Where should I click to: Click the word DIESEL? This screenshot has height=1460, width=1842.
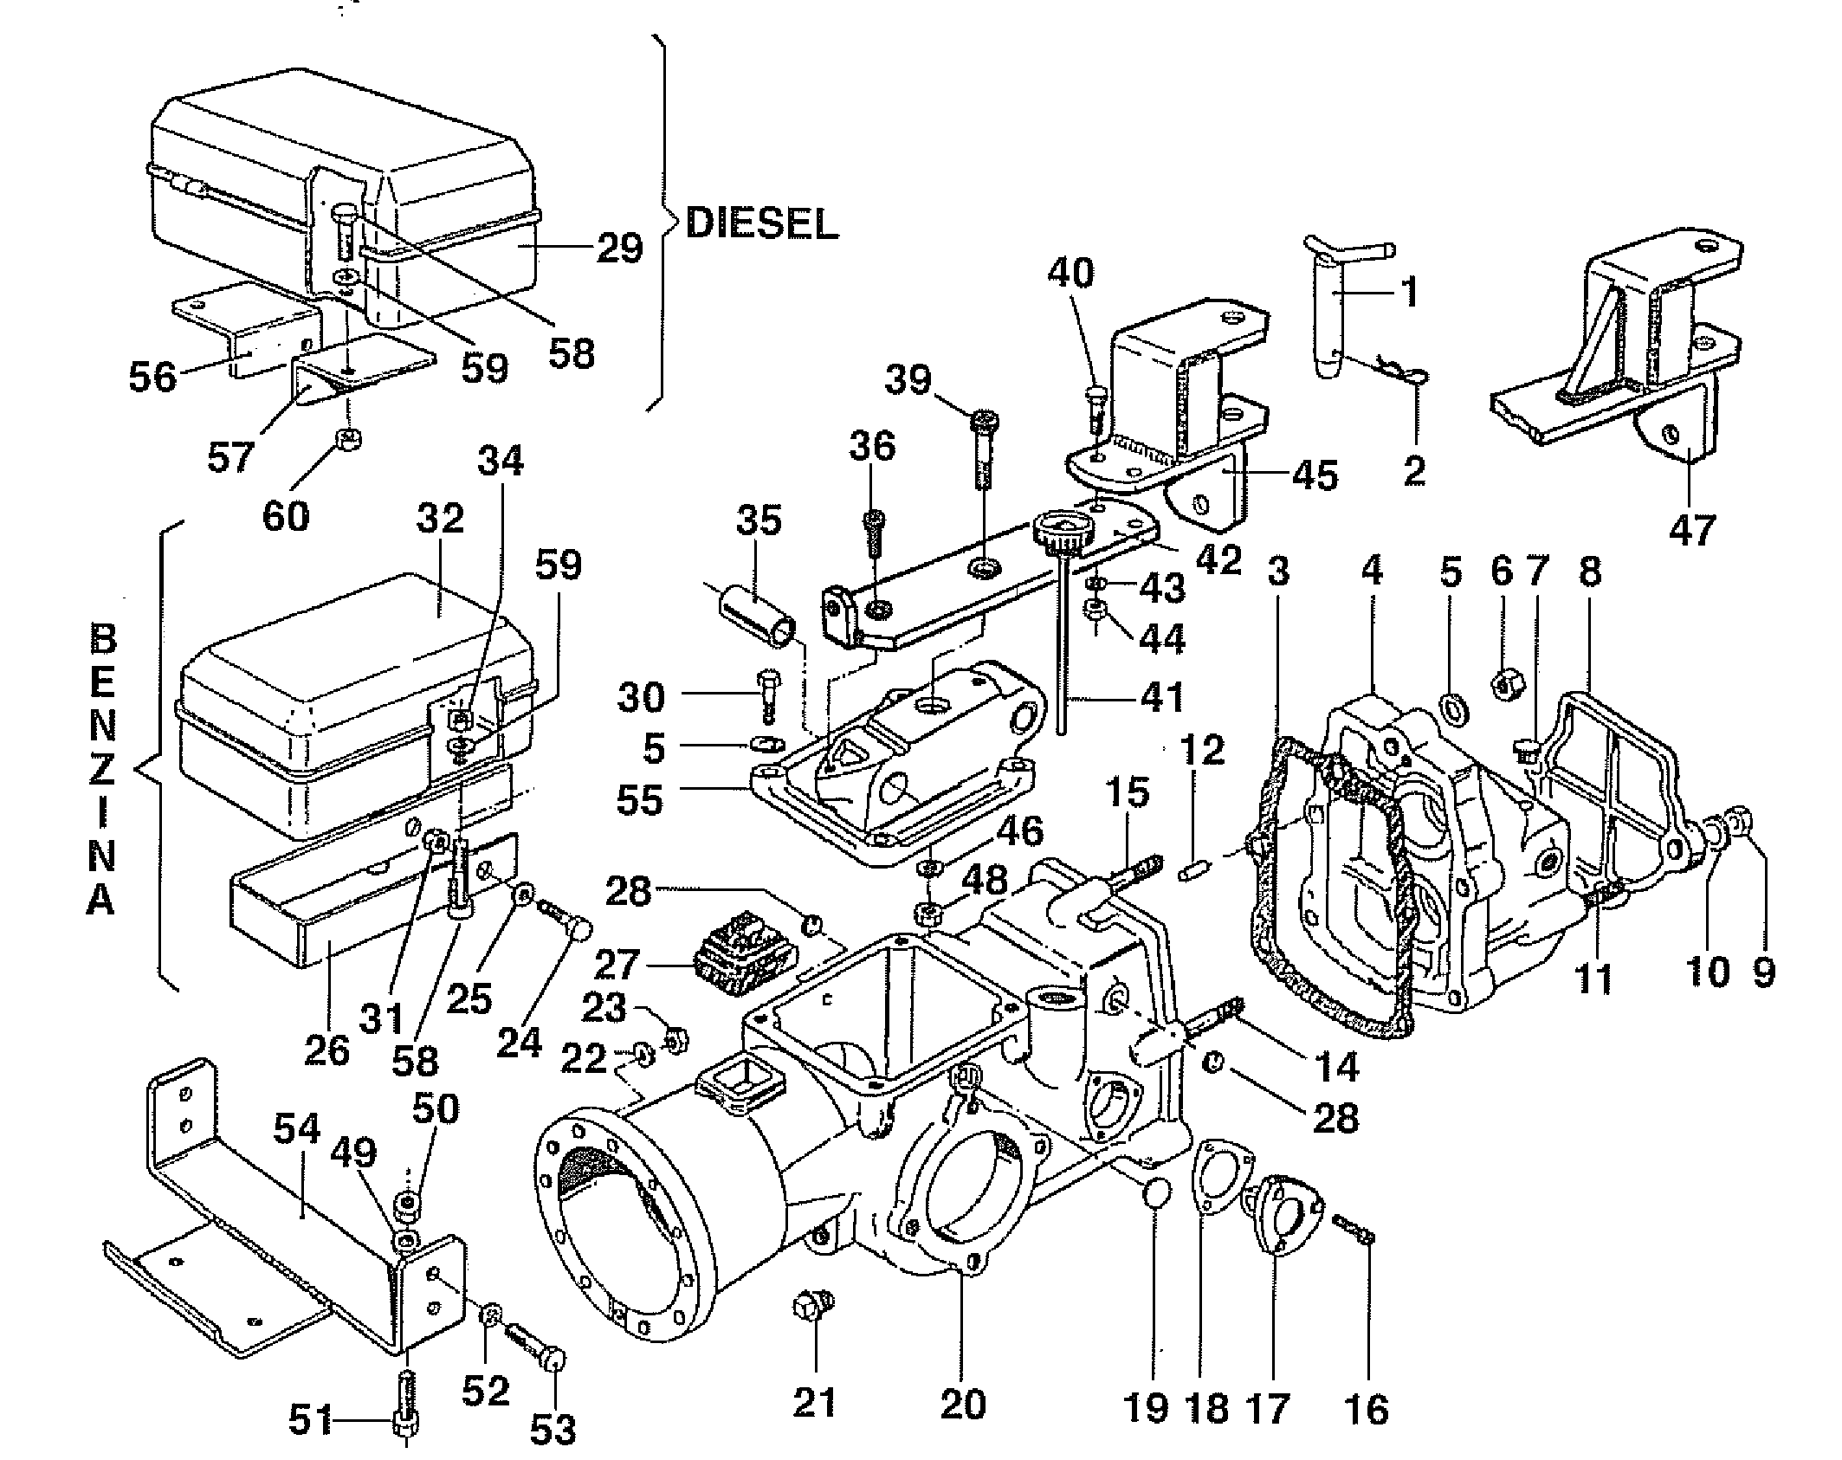point(761,224)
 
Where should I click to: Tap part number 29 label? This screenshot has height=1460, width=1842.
point(619,249)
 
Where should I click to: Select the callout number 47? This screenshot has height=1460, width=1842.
point(1691,528)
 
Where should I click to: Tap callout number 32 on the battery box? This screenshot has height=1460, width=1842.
point(440,520)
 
